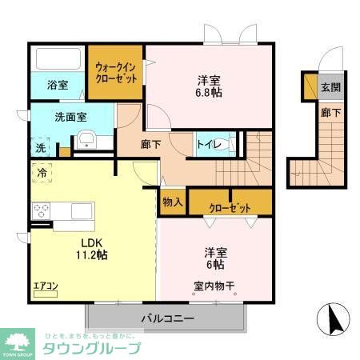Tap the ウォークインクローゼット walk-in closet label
[x=115, y=74]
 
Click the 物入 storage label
[x=172, y=202]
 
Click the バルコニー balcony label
[x=168, y=318]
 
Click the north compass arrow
[x=336, y=321]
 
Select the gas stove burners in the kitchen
[x=41, y=211]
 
